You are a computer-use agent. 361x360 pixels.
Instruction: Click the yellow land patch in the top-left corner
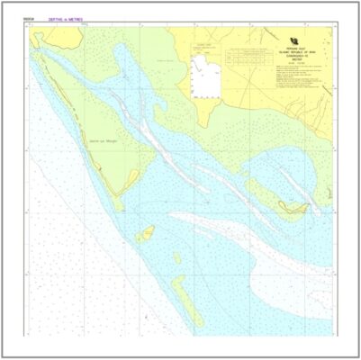tap(54, 36)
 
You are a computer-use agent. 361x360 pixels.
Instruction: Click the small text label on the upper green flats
tap(164, 61)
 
